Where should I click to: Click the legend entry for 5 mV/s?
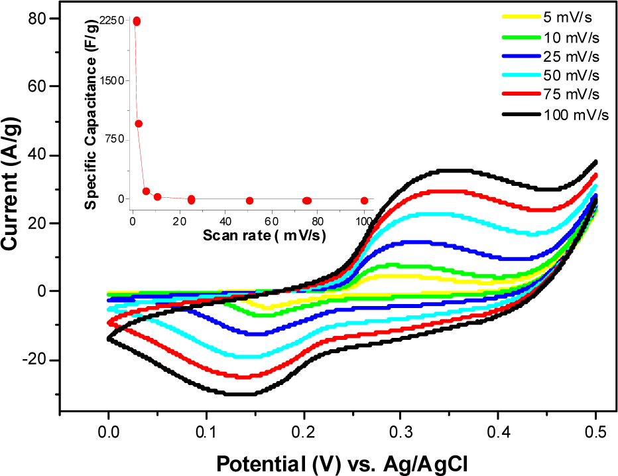(x=547, y=17)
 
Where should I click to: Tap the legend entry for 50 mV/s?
(x=550, y=75)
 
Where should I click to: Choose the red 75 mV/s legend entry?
(x=550, y=94)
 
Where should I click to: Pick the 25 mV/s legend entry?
(x=550, y=56)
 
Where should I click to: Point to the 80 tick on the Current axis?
(x=37, y=19)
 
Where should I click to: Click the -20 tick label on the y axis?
(x=34, y=360)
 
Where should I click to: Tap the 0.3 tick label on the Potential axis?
(x=401, y=432)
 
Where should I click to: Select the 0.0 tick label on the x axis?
(x=108, y=432)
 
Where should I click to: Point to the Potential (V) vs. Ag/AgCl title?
(x=342, y=464)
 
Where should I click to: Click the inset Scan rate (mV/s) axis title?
(x=264, y=235)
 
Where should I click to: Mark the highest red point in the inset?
(x=137, y=21)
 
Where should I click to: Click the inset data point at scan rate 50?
(x=249, y=200)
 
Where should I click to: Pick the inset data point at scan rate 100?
(x=365, y=200)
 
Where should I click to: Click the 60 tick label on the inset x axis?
(x=272, y=221)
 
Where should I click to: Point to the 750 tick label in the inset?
(x=115, y=139)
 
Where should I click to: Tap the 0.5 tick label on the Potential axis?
(x=595, y=432)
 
